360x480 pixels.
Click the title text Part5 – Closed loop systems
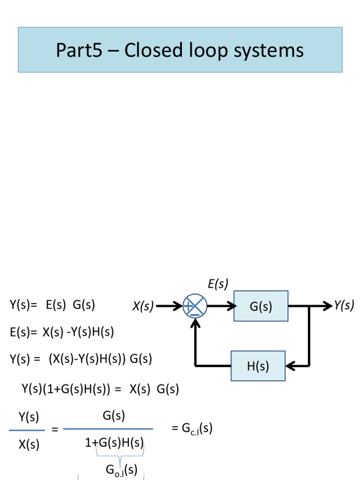[180, 50]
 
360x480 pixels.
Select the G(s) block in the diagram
[261, 307]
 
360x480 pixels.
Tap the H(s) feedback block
[258, 366]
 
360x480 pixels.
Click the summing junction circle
[194, 306]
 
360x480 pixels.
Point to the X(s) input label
[143, 307]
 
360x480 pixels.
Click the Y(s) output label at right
[344, 306]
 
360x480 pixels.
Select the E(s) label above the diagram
[217, 284]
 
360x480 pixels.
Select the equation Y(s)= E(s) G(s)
[52, 305]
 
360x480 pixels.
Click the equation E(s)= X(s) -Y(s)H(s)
[61, 332]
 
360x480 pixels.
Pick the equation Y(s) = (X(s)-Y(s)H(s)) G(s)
[81, 360]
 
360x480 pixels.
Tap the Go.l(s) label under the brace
[121, 470]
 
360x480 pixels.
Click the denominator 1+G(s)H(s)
[114, 443]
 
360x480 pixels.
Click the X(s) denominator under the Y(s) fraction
[29, 445]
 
